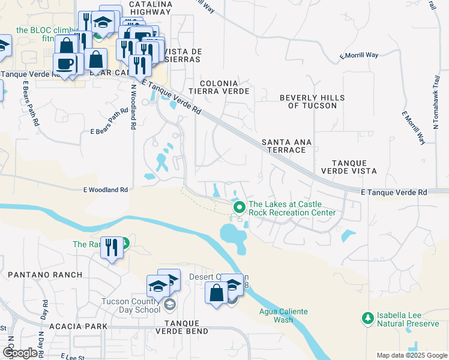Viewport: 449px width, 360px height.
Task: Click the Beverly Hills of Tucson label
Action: click(x=312, y=101)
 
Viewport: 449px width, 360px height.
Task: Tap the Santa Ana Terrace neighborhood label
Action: click(x=287, y=146)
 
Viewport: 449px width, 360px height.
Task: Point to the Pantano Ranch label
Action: click(x=45, y=275)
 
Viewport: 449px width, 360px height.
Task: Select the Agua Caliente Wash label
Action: click(x=283, y=315)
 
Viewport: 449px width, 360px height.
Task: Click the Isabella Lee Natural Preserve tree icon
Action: click(x=367, y=316)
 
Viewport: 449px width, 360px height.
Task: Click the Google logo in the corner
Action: click(x=20, y=353)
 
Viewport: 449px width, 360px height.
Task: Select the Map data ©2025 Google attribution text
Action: click(x=412, y=355)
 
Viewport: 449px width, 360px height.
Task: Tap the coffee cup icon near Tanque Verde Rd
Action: click(x=64, y=63)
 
